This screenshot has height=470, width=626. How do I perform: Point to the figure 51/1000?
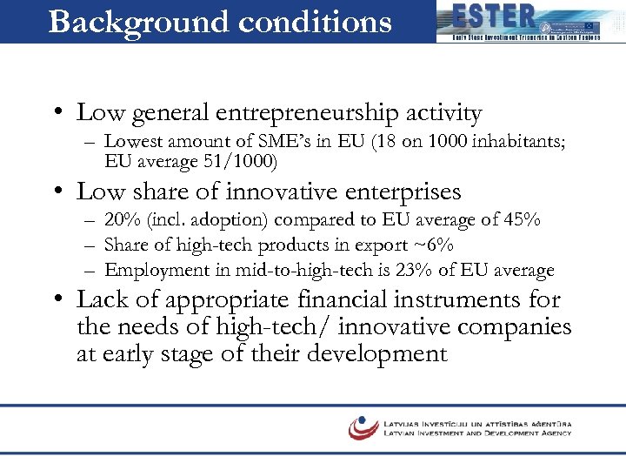(247, 161)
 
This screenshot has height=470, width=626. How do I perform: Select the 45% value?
(523, 218)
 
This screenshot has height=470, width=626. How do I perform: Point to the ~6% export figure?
(442, 245)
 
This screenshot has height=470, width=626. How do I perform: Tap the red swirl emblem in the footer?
(363, 427)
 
